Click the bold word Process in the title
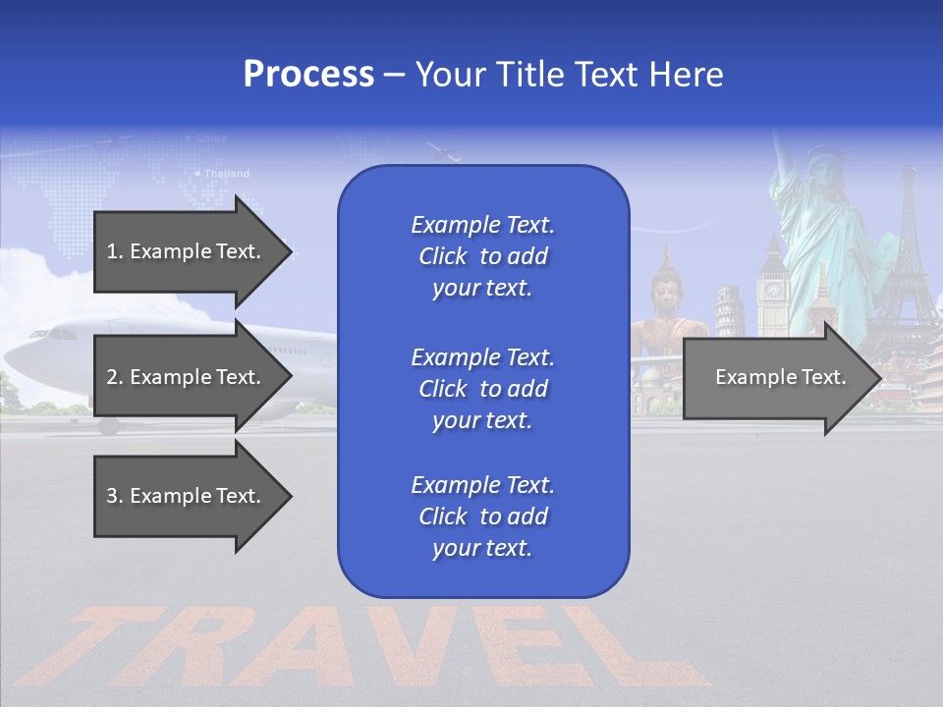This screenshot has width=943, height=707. pos(308,75)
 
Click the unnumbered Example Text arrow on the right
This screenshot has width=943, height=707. pos(781,377)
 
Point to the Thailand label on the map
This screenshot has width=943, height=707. pos(226,174)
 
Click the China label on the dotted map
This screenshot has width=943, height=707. pos(210,138)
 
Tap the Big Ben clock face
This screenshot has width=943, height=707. pos(772,290)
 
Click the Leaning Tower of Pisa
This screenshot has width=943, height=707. pos(728,309)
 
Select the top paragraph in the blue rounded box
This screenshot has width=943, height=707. pos(482,256)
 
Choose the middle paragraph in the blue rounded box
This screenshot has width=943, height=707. pos(482,389)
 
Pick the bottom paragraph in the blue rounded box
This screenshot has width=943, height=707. pos(482,517)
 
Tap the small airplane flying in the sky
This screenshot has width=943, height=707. pos(444,151)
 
